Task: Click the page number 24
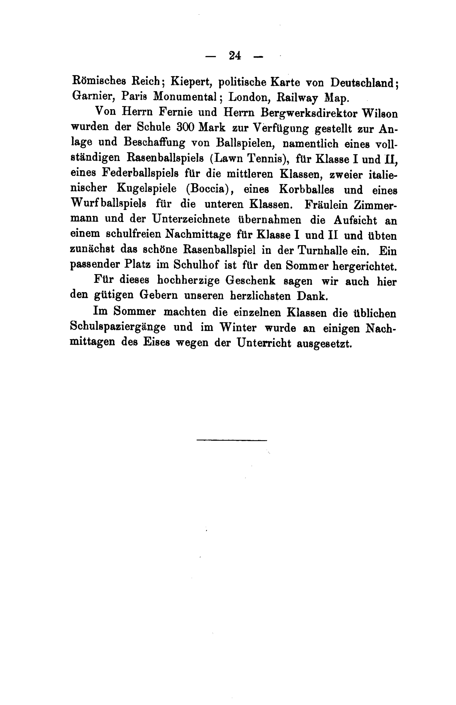pos(235,56)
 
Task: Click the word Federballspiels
pos(140,173)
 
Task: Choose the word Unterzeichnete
pos(191,219)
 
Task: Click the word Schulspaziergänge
pos(118,327)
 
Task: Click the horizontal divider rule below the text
pos(232,440)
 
